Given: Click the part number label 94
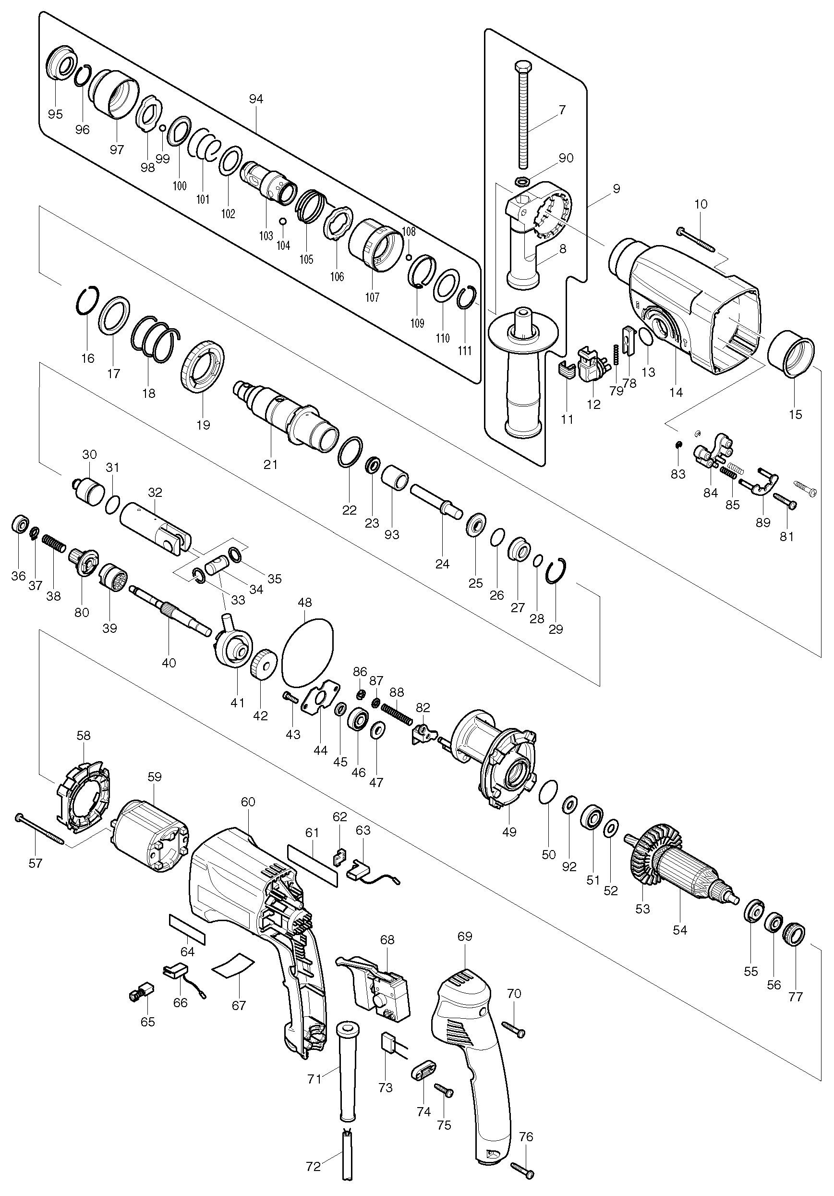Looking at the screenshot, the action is [256, 99].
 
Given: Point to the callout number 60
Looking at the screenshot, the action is [248, 802].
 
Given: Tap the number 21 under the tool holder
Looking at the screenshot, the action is [270, 464].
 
